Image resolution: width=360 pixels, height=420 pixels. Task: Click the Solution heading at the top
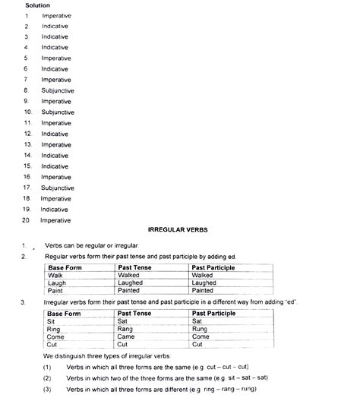pos(37,5)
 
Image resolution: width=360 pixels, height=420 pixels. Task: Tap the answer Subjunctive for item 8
pos(58,90)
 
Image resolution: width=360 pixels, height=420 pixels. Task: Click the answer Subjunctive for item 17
pos(58,188)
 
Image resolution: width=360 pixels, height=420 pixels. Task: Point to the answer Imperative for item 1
pos(56,15)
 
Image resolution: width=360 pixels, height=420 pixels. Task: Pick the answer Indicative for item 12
pos(55,134)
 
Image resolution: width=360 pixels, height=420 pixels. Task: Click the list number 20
pos(27,220)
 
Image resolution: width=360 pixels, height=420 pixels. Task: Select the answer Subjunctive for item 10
pos(58,112)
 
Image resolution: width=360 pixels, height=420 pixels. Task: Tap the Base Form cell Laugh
pos(58,283)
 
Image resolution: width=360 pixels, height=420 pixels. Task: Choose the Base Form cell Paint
pos(56,290)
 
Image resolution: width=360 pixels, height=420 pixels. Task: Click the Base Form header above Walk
pos(65,267)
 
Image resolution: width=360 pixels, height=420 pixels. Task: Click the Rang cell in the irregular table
pos(127,329)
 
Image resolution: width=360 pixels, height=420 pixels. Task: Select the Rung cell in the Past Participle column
pos(201,329)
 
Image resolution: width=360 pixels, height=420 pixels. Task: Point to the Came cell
pos(128,336)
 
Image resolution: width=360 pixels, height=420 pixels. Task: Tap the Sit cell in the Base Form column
pos(52,321)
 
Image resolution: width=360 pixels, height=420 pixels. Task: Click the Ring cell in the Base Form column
pos(55,329)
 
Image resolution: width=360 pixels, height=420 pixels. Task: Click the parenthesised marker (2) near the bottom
pos(47,377)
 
